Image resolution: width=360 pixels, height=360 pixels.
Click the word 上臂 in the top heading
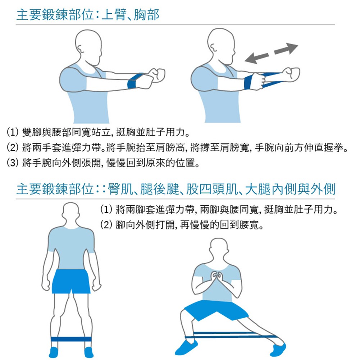pyautogui.click(x=114, y=15)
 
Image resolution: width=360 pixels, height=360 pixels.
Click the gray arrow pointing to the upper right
pyautogui.click(x=286, y=49)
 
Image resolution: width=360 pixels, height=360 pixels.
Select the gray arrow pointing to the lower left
pyautogui.click(x=257, y=58)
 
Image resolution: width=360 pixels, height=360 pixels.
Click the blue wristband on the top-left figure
pyautogui.click(x=135, y=81)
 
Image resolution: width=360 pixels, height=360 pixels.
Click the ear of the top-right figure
pyautogui.click(x=213, y=48)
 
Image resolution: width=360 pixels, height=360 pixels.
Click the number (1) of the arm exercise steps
pyautogui.click(x=12, y=132)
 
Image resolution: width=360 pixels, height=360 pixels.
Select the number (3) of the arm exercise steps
pyautogui.click(x=12, y=163)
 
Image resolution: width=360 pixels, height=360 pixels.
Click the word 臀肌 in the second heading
pyautogui.click(x=120, y=189)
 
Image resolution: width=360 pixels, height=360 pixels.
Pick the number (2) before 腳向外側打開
pyautogui.click(x=106, y=225)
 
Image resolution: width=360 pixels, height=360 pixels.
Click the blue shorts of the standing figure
pyautogui.click(x=71, y=281)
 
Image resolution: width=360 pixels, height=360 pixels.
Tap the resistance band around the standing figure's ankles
pyautogui.click(x=71, y=339)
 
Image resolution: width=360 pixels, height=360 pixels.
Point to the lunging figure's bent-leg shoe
pyautogui.click(x=186, y=347)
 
